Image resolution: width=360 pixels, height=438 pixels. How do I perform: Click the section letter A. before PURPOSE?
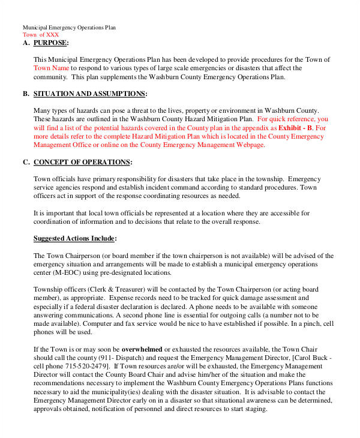coord(26,43)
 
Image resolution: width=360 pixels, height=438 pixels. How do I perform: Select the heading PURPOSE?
coord(51,43)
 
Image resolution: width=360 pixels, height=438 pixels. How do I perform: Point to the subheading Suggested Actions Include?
coord(75,239)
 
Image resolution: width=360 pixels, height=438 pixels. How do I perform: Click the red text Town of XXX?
coord(41,35)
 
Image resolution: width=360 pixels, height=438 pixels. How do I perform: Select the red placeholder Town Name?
coord(51,69)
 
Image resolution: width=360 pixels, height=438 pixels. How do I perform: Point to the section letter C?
coord(26,163)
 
